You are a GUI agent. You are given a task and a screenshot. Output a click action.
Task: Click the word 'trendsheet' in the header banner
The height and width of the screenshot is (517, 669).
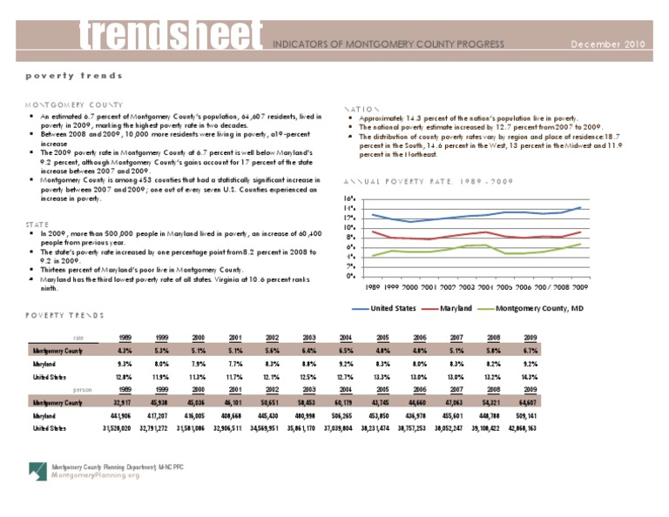[x=172, y=33]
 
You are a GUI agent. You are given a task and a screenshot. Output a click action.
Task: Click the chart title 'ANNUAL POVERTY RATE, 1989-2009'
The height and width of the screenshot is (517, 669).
[x=421, y=181]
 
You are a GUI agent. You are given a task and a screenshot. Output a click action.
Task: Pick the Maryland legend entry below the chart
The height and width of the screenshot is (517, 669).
[x=446, y=309]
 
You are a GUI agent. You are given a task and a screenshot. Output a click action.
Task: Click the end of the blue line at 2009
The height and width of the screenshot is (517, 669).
[x=581, y=207]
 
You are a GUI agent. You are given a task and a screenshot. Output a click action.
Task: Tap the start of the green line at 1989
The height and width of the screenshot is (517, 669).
[x=373, y=256]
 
